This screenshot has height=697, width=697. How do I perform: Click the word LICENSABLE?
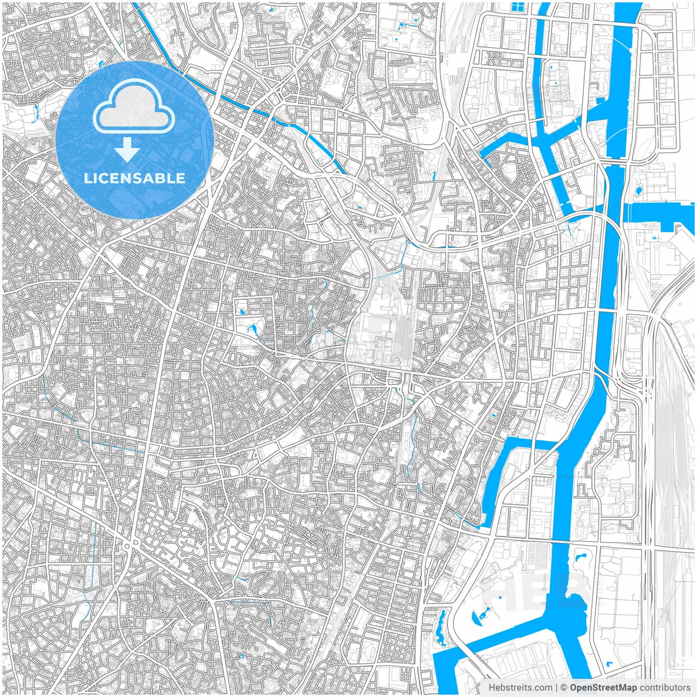(134, 178)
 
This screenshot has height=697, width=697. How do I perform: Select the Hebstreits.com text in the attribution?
(519, 688)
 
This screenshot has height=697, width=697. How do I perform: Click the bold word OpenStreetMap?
(603, 688)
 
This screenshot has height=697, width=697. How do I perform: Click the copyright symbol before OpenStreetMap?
(564, 688)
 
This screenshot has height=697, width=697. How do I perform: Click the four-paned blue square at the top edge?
(518, 8)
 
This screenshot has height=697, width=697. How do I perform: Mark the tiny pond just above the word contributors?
(608, 664)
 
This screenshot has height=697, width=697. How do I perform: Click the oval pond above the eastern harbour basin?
(639, 191)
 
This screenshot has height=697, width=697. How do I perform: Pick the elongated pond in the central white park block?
(252, 329)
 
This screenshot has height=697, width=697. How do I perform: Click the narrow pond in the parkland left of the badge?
(36, 111)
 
